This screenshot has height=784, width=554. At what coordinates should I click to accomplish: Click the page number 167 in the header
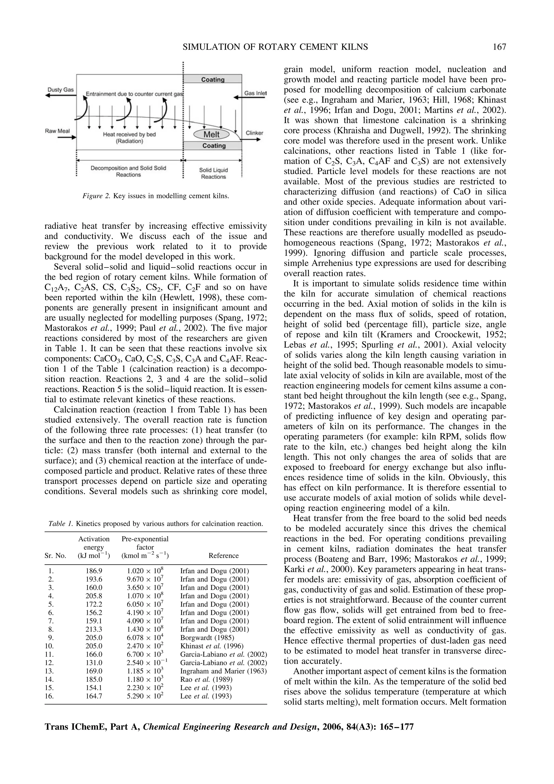pos(499,47)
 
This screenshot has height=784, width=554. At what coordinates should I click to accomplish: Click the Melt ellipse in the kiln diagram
pos(211,134)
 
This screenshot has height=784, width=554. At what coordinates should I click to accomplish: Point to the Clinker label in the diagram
pos(254,133)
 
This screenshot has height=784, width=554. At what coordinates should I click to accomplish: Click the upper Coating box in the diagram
pos(213,80)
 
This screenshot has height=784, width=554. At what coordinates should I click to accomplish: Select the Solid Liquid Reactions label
pos(213,173)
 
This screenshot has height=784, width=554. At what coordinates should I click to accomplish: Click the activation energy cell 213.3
pos(94,629)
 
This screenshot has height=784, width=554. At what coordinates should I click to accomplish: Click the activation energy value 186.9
pos(94,571)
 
